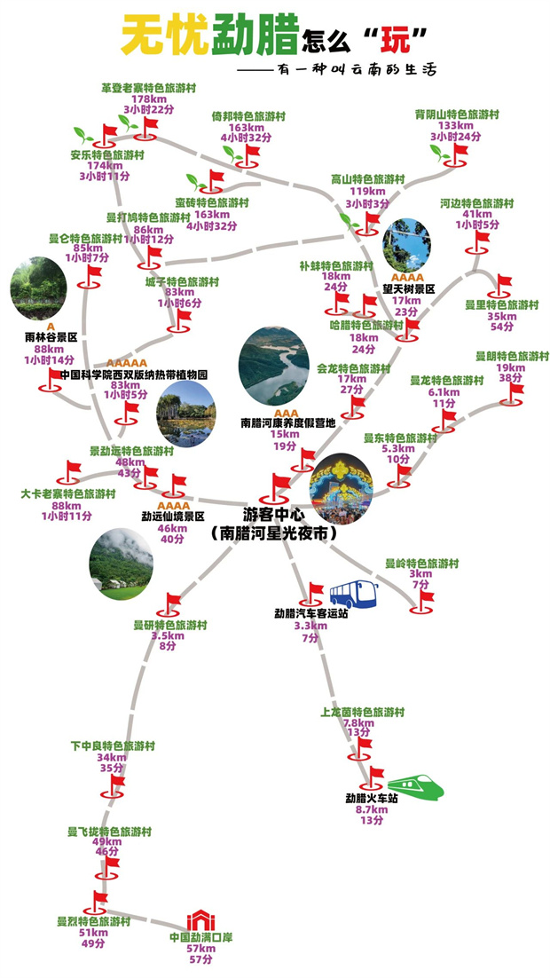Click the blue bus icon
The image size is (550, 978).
coord(353,595)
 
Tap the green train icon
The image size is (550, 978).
coord(413,785)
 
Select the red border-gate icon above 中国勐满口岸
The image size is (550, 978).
coord(200,921)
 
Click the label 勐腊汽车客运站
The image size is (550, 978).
coord(310,613)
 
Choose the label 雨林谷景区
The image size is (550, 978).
coord(51,337)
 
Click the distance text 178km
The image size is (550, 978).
coord(148,99)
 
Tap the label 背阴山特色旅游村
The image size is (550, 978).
coord(457,114)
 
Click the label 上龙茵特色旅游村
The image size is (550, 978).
coord(362,712)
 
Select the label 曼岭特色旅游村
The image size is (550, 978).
coord(421,563)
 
